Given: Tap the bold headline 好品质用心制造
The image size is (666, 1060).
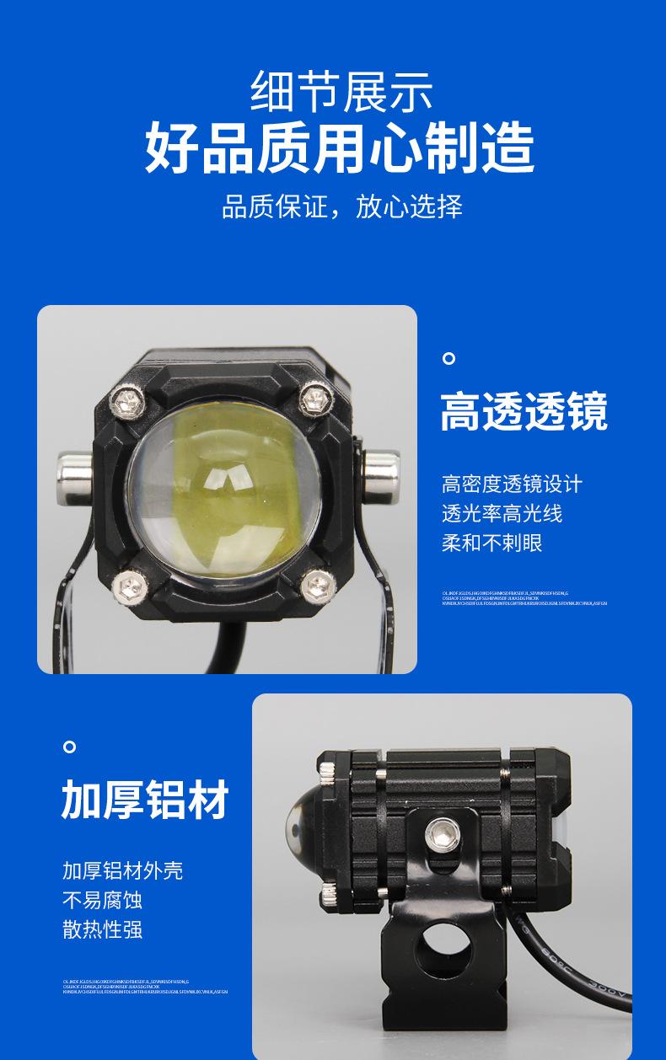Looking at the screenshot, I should click(340, 147).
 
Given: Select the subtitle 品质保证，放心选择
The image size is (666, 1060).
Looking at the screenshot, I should click(341, 206).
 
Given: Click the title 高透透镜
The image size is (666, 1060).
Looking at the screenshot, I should click(524, 412).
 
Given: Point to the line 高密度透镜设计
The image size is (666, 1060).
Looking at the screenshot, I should click(512, 484).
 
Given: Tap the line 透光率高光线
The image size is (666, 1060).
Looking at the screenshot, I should click(502, 513).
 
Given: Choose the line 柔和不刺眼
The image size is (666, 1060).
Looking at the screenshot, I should click(491, 543).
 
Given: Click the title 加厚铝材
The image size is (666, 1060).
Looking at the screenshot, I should click(145, 800).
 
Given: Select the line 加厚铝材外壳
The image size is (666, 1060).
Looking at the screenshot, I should click(122, 870).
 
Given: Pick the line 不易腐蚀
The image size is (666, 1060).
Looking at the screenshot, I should click(102, 900).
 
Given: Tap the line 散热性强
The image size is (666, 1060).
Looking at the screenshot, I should click(102, 929).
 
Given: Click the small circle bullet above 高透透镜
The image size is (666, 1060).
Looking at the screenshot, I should click(449, 359).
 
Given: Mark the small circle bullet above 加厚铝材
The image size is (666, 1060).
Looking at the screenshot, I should click(70, 747).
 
